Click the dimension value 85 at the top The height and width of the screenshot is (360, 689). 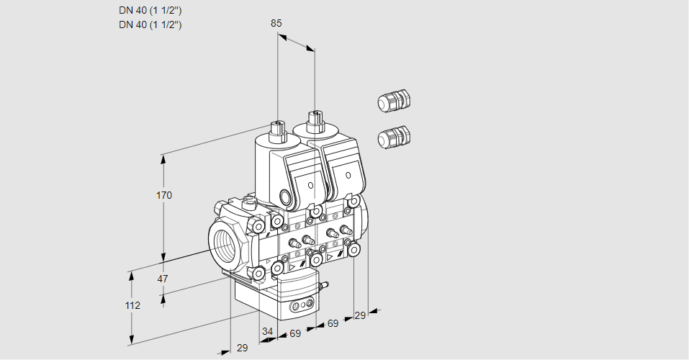point(276,23)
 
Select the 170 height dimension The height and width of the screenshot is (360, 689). point(164,195)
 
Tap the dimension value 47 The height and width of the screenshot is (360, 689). point(163,279)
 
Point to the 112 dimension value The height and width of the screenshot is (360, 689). point(132,305)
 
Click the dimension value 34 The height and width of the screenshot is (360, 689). point(268,331)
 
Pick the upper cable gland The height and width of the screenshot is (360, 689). point(393,101)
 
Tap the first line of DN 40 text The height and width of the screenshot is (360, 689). point(150,10)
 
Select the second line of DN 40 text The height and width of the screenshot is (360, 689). point(150,24)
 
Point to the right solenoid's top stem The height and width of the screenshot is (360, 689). point(314,119)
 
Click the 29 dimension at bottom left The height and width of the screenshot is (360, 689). point(242,348)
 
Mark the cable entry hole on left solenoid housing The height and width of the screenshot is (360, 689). point(286,197)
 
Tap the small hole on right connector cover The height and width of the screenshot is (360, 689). point(347,175)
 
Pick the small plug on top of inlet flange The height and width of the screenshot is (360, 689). point(250,202)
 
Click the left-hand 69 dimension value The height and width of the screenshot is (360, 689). point(294,333)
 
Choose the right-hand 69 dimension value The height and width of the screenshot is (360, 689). point(333,323)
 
